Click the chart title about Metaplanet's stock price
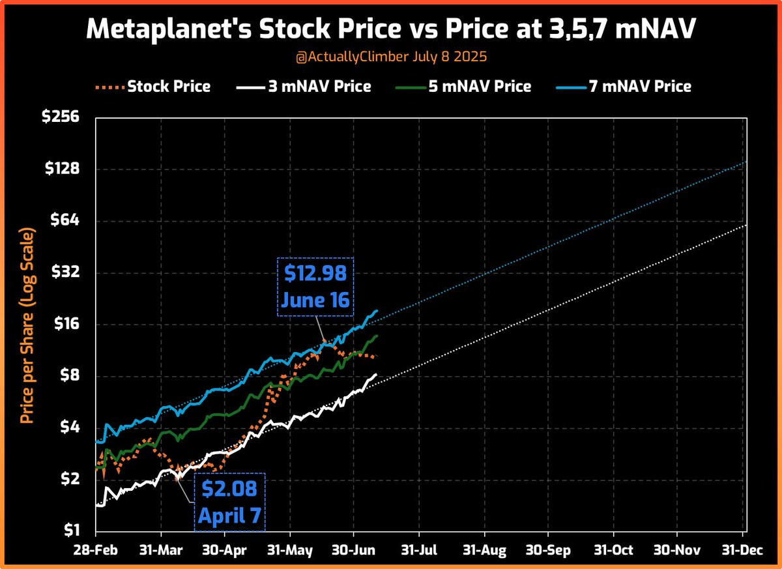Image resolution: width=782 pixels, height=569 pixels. coord(391,29)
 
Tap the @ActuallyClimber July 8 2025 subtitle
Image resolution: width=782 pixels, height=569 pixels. coord(391,57)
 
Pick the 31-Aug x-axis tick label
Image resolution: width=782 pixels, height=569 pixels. coord(485,551)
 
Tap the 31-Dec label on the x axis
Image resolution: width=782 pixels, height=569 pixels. coord(744,551)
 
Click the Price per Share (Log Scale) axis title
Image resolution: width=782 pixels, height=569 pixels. coord(26,325)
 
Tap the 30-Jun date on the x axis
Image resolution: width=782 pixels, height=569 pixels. coord(353,551)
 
